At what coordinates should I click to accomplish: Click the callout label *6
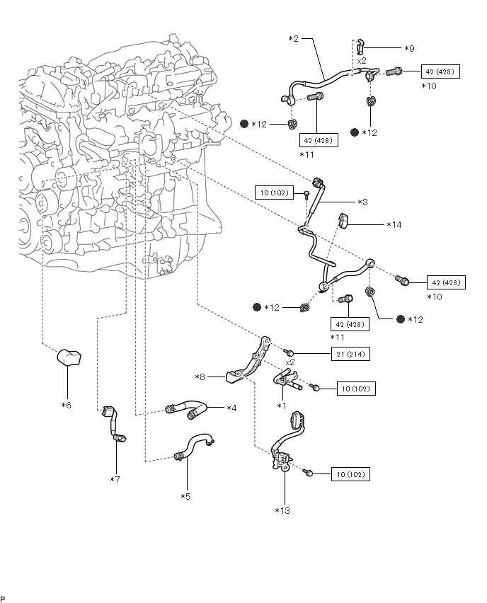click(x=67, y=406)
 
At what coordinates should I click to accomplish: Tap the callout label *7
click(x=115, y=479)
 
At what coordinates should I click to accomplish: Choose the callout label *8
click(x=202, y=378)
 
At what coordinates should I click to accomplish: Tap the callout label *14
click(x=394, y=225)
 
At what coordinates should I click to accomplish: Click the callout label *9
click(x=408, y=48)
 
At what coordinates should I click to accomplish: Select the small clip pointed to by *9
click(x=360, y=46)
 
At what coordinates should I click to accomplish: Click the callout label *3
click(x=362, y=202)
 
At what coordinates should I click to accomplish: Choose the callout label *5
click(x=185, y=496)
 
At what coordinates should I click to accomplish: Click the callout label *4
click(x=230, y=408)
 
